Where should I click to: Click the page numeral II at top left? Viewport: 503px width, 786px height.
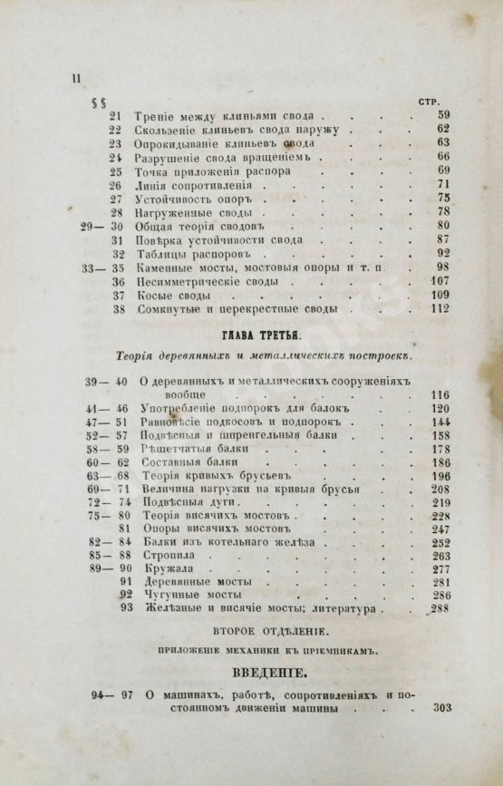click(75, 79)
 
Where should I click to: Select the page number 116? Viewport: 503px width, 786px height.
click(440, 395)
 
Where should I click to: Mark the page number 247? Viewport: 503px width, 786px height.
click(440, 529)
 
